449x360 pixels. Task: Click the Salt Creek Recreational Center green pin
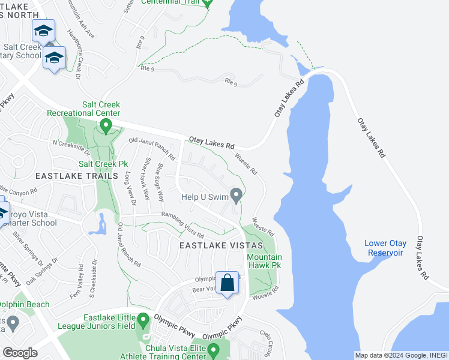pos(106,126)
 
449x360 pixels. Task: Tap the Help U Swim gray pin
pos(237,195)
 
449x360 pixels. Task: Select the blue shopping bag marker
pos(228,283)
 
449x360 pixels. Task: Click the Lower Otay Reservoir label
pos(385,248)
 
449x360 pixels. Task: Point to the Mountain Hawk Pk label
pos(265,260)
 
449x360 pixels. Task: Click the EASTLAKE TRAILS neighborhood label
pos(76,176)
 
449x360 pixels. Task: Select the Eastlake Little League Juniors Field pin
pos(143,320)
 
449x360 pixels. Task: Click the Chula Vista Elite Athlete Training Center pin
pos(213,350)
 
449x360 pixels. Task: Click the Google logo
pos(20,353)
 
